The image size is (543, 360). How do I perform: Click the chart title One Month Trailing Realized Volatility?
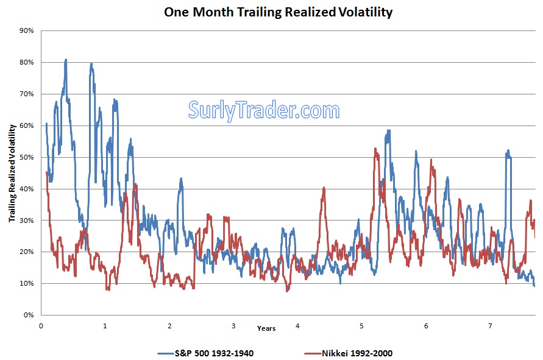(x=278, y=12)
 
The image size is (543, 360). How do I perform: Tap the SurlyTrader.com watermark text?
(x=263, y=110)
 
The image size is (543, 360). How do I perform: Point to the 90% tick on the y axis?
(x=26, y=30)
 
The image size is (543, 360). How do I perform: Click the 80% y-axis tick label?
(x=26, y=62)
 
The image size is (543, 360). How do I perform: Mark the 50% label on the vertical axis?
(x=26, y=157)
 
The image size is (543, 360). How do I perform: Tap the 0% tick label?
(x=28, y=315)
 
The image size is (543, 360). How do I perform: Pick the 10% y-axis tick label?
(x=26, y=283)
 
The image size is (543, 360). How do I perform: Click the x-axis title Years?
(x=266, y=329)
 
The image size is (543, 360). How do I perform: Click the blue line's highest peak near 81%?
(x=65, y=60)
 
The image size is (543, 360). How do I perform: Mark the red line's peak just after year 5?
(x=376, y=149)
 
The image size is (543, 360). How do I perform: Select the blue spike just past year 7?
(x=508, y=150)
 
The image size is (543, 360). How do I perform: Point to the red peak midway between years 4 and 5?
(x=324, y=188)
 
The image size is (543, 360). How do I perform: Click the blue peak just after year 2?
(x=180, y=178)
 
